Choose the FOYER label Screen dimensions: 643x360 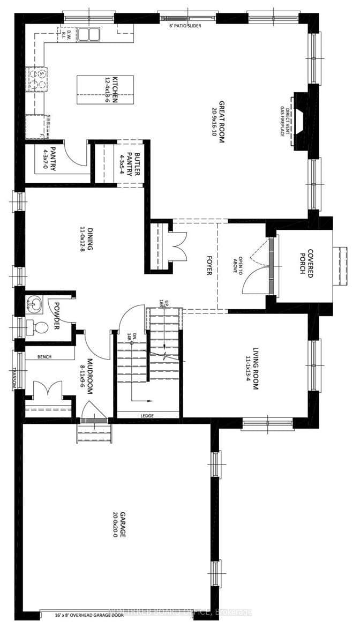[208, 264]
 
